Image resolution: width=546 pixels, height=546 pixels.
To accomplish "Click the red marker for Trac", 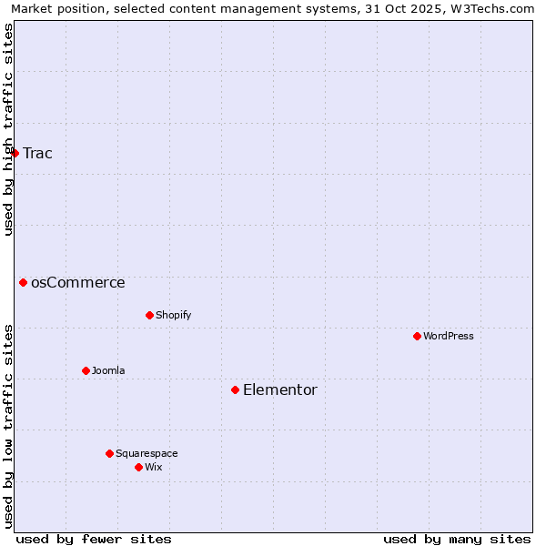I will [15, 153].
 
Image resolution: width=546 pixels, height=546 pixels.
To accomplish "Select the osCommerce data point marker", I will [23, 282].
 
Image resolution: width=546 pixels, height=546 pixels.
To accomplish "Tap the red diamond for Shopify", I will [149, 315].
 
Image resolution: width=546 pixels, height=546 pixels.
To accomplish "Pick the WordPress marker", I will [417, 336].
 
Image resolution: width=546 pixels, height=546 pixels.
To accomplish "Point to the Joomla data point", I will [86, 370].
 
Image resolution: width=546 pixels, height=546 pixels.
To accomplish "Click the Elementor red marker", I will [235, 389].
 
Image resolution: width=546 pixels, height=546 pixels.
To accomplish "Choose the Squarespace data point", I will [109, 453].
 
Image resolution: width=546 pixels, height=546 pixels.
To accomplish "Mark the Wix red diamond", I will [138, 467].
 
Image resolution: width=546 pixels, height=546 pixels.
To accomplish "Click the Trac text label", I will [37, 153].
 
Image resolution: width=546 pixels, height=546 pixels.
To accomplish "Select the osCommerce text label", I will [78, 282].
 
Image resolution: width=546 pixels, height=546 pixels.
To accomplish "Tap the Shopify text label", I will [174, 315].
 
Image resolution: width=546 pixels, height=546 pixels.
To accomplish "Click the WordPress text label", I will [449, 336].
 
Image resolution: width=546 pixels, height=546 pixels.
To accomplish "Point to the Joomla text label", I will [108, 370].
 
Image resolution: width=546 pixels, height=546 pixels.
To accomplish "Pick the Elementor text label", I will [280, 389].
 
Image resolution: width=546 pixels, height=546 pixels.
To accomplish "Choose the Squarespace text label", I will [147, 453].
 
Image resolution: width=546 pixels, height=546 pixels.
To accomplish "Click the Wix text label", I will [154, 467].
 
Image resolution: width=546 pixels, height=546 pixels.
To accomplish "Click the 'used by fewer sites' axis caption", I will [94, 539].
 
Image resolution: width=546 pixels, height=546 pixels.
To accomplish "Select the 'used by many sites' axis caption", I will [457, 539].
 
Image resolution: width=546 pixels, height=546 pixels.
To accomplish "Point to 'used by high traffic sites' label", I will [8, 129].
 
